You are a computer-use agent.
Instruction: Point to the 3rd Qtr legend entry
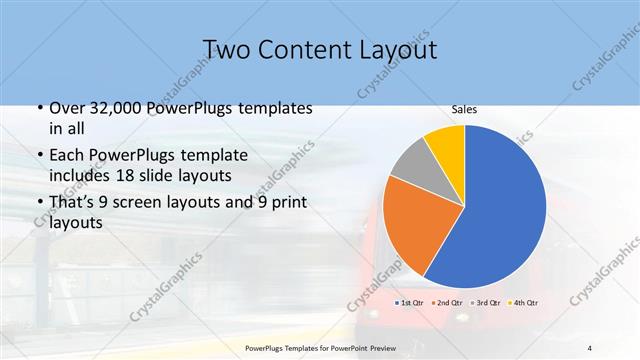487,301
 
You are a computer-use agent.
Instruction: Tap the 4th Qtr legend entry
523,301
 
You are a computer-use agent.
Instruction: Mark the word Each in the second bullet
69,154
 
